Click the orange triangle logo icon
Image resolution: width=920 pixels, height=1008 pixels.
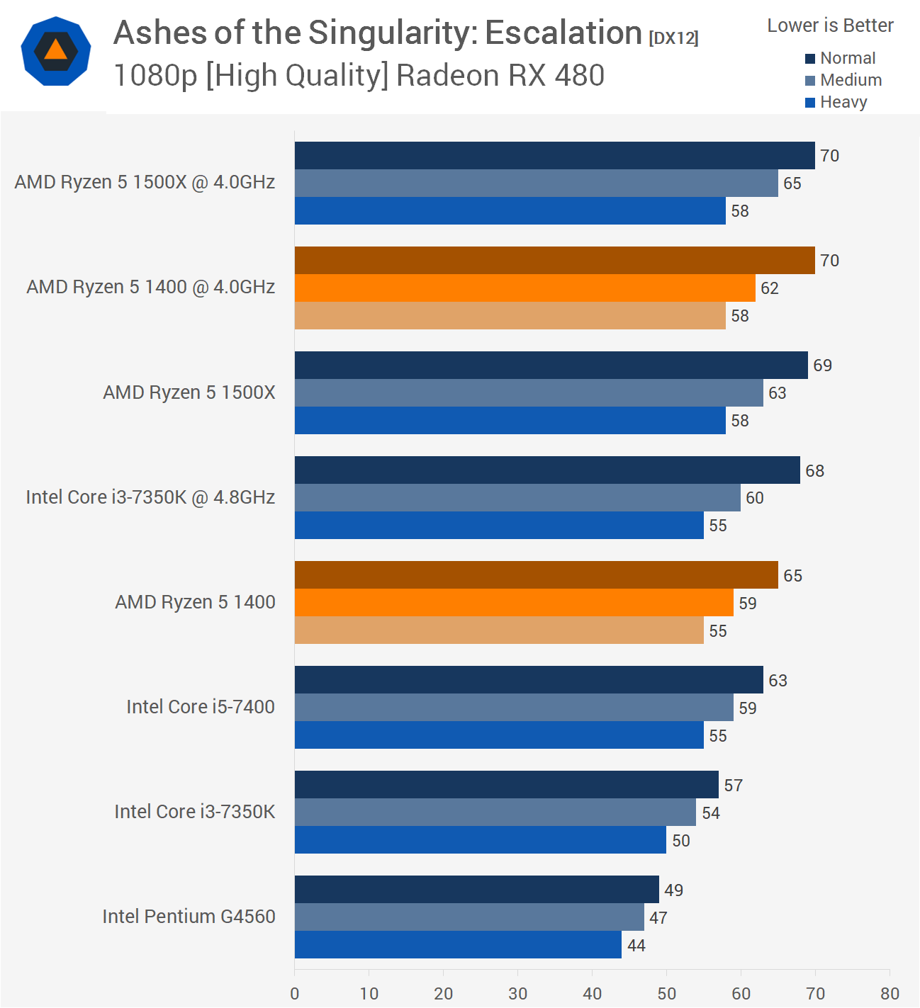[55, 52]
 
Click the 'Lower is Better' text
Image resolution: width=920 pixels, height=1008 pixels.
[830, 26]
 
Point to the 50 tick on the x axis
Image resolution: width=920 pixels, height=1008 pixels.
[666, 993]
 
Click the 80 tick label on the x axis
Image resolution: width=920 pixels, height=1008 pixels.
[890, 993]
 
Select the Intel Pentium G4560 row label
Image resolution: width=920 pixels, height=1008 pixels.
[189, 917]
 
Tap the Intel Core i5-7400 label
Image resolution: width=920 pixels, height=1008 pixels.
[201, 707]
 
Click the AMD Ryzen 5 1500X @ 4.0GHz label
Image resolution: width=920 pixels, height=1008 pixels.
[145, 182]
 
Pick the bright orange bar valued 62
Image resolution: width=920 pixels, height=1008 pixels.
[524, 288]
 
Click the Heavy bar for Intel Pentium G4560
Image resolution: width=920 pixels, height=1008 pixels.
[458, 945]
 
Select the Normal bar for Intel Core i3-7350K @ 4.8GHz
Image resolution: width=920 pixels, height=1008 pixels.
[547, 470]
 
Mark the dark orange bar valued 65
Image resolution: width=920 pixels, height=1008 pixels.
[536, 575]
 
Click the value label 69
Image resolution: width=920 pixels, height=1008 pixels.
[822, 366]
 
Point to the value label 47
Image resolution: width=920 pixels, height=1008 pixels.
[658, 918]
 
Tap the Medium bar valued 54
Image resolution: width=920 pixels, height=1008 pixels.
[495, 812]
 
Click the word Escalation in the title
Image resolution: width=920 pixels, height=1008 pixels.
[563, 33]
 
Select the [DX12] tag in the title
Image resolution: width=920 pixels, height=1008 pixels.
[673, 38]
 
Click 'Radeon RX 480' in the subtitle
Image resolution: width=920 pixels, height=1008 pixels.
[500, 76]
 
